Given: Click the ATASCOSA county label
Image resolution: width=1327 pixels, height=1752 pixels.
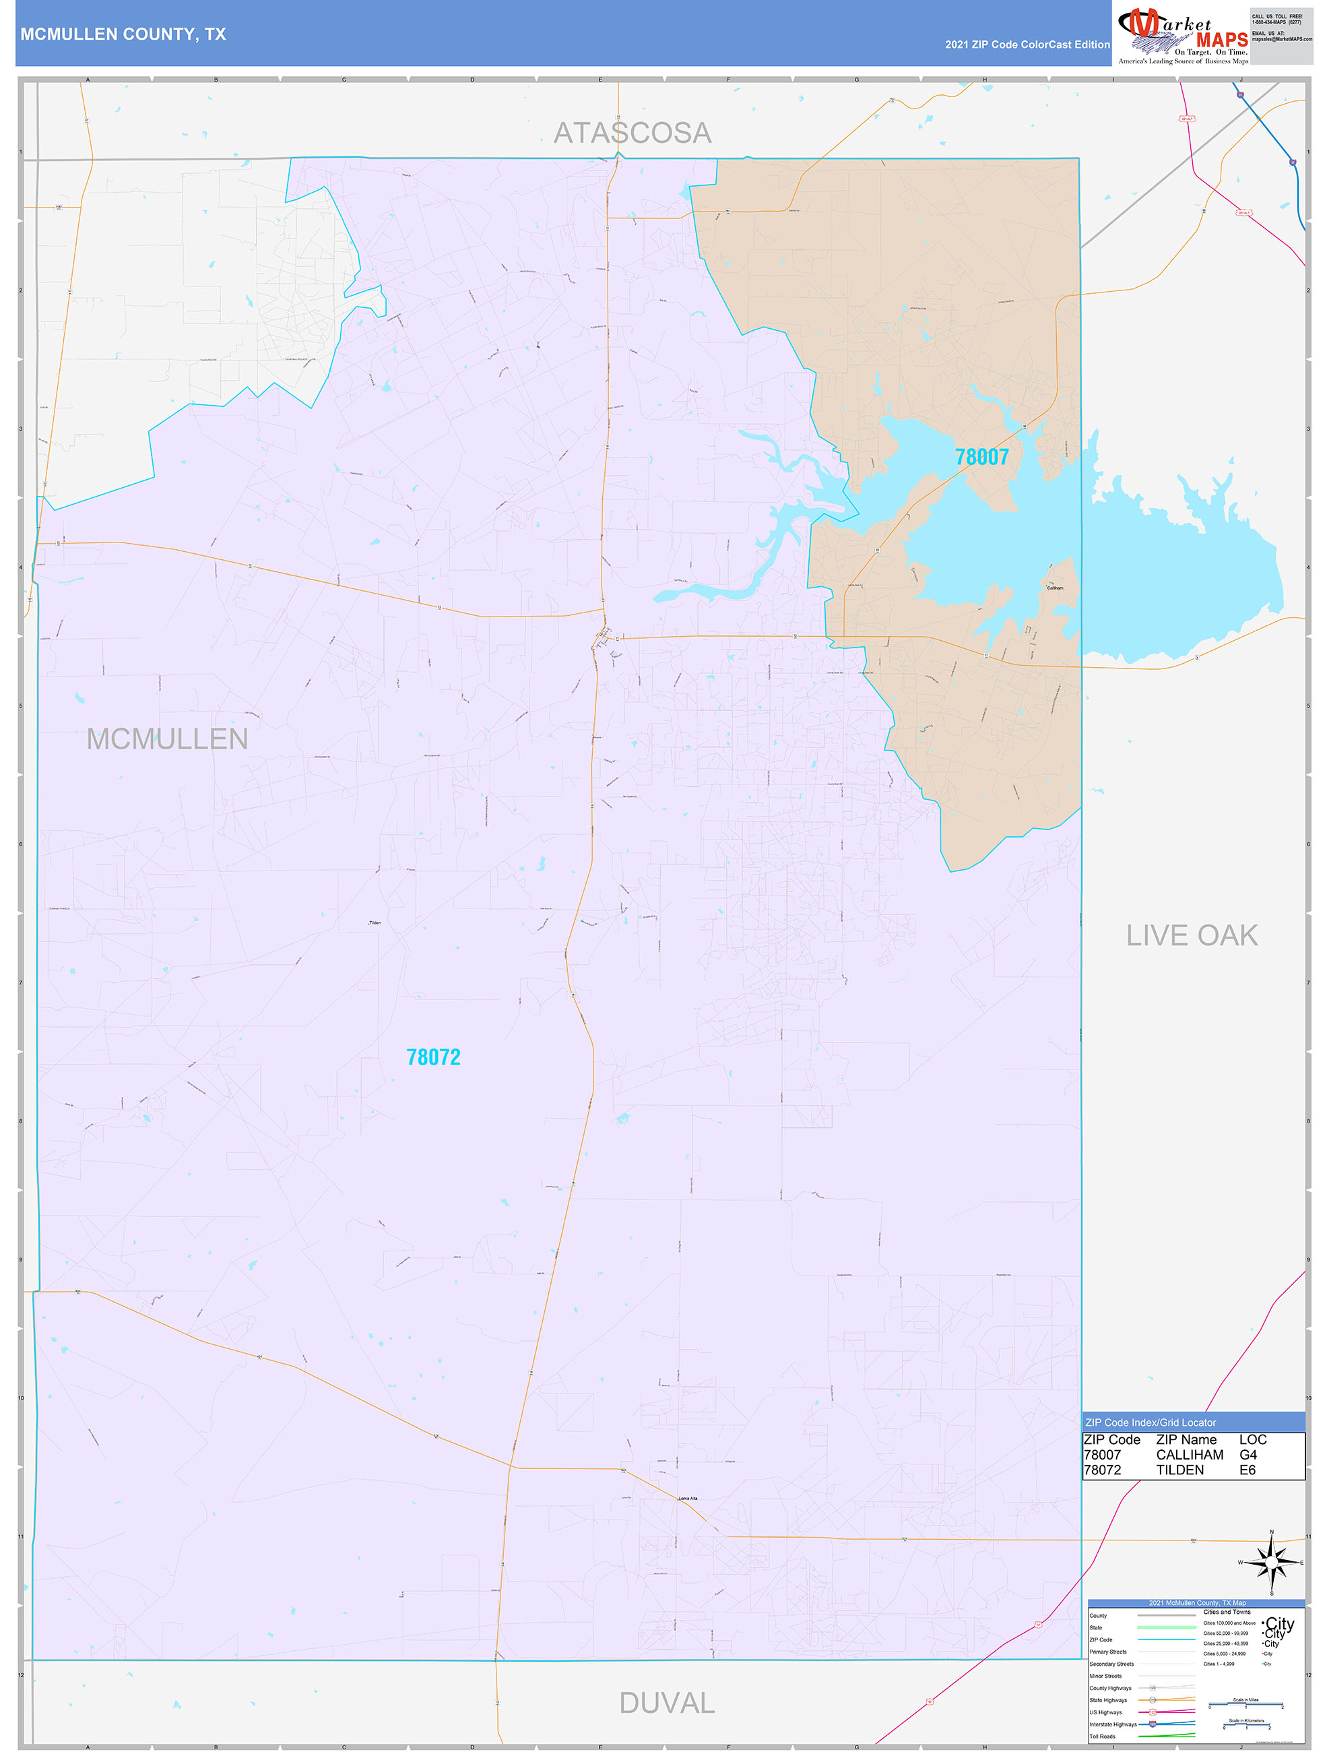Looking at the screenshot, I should tap(632, 133).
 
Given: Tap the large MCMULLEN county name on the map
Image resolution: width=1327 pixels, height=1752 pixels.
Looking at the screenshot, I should tap(167, 739).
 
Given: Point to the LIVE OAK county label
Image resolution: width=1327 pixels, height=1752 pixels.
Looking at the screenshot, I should tap(1192, 935).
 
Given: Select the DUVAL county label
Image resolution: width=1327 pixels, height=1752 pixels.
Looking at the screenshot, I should tap(667, 1702).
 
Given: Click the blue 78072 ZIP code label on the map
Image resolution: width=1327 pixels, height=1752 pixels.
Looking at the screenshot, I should tap(433, 1057).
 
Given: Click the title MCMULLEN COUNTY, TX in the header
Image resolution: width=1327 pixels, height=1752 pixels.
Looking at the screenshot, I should tap(123, 34).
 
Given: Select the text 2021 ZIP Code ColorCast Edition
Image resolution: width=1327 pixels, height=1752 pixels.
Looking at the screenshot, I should tap(1027, 44).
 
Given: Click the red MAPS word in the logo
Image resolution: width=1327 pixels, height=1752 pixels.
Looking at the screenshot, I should tap(1222, 40).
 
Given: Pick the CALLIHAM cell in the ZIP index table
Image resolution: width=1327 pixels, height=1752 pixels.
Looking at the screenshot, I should tap(1189, 1455).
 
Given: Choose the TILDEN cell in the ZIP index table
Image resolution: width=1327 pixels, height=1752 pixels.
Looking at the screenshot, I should tap(1179, 1470).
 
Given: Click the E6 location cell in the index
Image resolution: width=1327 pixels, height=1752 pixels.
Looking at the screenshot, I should tap(1247, 1470).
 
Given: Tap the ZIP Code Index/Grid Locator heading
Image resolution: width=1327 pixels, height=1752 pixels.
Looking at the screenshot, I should tap(1151, 1422).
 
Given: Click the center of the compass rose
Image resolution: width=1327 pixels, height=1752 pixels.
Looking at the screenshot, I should tap(1272, 1563).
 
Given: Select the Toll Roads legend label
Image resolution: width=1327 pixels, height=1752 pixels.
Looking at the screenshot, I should tap(1102, 1736).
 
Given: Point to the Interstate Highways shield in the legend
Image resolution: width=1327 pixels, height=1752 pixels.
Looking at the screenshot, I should tap(1153, 1724).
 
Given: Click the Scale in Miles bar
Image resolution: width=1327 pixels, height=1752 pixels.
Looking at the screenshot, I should tap(1245, 1706).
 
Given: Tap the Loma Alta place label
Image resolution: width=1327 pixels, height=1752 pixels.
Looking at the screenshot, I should tap(688, 1499).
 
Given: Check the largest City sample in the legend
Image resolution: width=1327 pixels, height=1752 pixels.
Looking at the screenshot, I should tap(1279, 1624).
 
